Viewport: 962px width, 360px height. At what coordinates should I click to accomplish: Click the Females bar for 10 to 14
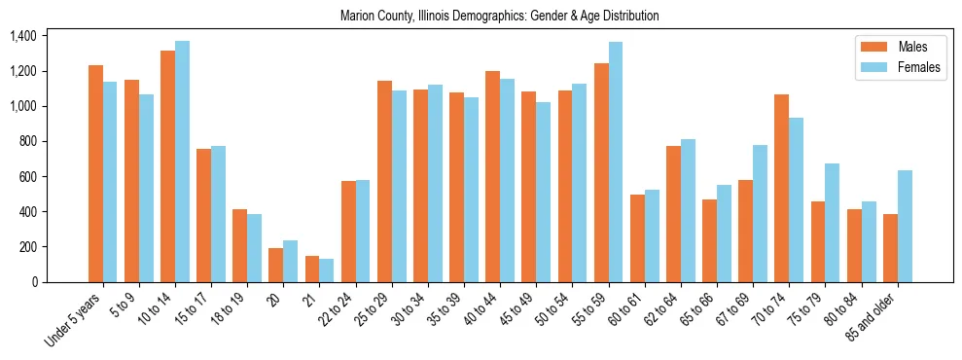182,162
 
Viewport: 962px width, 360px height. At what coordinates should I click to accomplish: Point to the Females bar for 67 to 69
761,213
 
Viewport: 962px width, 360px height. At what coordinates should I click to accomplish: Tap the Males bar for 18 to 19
240,245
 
